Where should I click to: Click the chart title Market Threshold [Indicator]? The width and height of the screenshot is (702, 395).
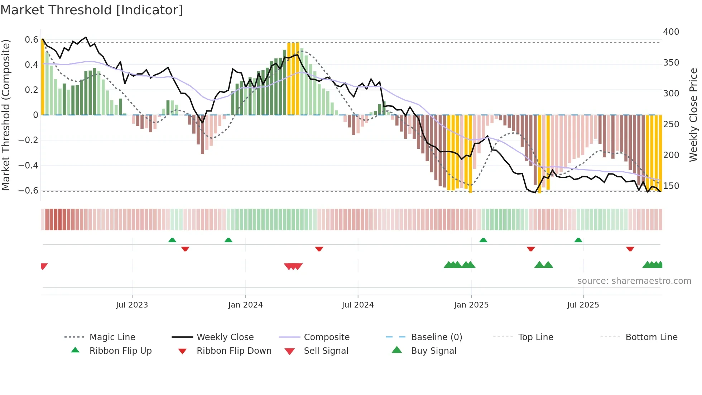tap(92, 10)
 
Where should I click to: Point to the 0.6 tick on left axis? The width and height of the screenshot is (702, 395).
tap(31, 40)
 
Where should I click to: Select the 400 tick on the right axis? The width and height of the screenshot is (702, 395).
tap(671, 32)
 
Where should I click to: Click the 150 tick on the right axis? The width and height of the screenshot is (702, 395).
tap(671, 186)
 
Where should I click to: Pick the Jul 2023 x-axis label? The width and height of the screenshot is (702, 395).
tap(132, 305)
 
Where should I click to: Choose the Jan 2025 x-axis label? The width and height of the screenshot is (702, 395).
tap(471, 305)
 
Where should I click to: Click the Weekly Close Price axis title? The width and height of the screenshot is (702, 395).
tap(693, 115)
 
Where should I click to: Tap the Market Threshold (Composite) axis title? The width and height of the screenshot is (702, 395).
tap(6, 115)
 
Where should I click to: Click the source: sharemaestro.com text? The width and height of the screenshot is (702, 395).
tap(634, 281)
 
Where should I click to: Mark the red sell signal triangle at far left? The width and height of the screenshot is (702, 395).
tap(44, 266)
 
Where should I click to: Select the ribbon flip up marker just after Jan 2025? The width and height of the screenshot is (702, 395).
tap(483, 240)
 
